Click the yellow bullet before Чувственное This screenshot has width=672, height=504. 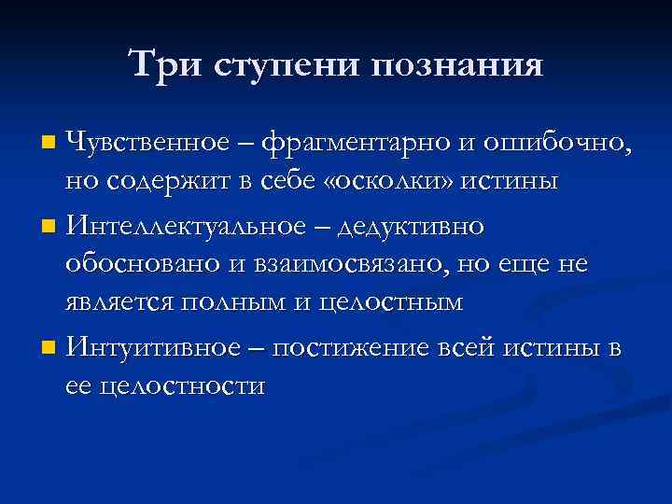(49, 145)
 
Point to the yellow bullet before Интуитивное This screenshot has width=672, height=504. (49, 349)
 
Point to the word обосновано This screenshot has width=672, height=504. (143, 265)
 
